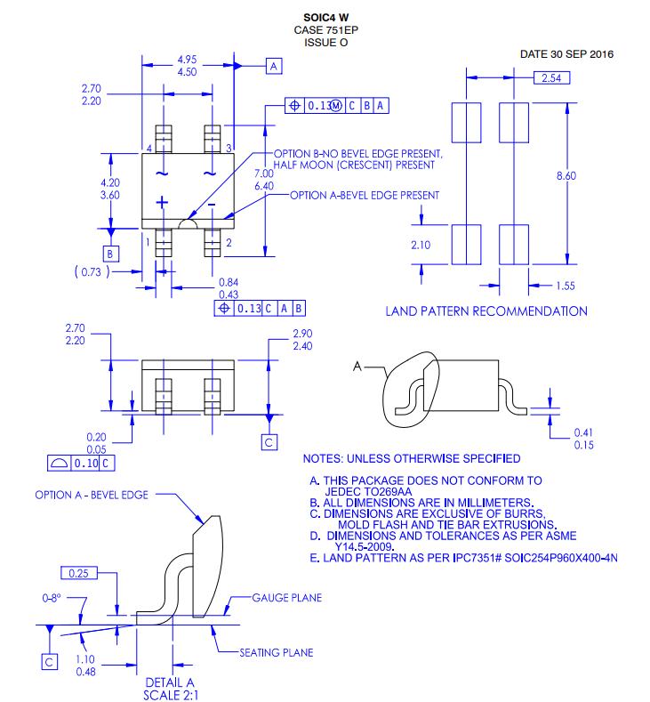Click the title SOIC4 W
325,18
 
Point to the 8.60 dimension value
566,176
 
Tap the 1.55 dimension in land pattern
566,286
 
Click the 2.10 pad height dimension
421,245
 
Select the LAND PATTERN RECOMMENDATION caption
485,311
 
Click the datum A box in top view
274,66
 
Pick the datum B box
110,254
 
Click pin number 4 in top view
148,148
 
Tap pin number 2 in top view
229,242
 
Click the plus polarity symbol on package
162,203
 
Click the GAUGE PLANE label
287,597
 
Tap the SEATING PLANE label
276,652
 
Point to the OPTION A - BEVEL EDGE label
92,495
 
